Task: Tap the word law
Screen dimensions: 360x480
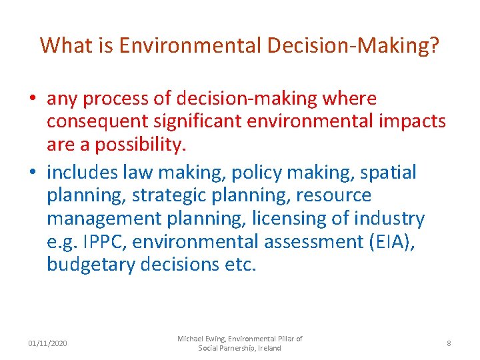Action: pyautogui.click(x=135, y=173)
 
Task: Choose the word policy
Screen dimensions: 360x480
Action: pyautogui.click(x=257, y=173)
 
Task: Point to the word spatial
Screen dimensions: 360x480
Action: pyautogui.click(x=389, y=173)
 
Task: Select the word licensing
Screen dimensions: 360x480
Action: pyautogui.click(x=310, y=218)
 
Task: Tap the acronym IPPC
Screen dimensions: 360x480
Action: pyautogui.click(x=105, y=241)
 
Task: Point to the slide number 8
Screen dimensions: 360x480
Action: pyautogui.click(x=449, y=343)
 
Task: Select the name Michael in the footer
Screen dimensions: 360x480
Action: pyautogui.click(x=191, y=339)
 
